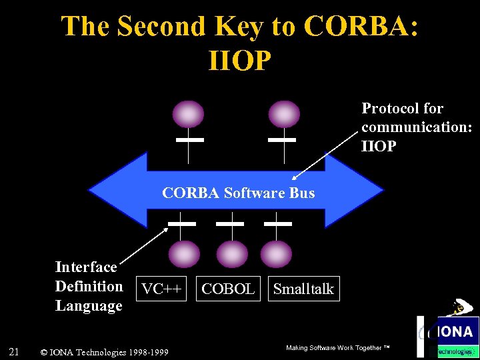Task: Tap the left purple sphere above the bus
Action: [189, 114]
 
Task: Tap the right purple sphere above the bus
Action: [284, 114]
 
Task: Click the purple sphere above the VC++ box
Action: [183, 254]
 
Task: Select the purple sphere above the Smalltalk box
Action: [276, 254]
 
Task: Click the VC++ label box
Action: [162, 289]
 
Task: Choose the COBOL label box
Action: [227, 289]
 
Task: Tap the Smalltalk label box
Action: [303, 289]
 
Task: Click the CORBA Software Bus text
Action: [238, 193]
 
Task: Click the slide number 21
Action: [14, 351]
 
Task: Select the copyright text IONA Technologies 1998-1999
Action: [105, 352]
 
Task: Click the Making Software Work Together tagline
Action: [337, 348]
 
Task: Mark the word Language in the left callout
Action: [89, 306]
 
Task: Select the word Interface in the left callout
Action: [86, 267]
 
